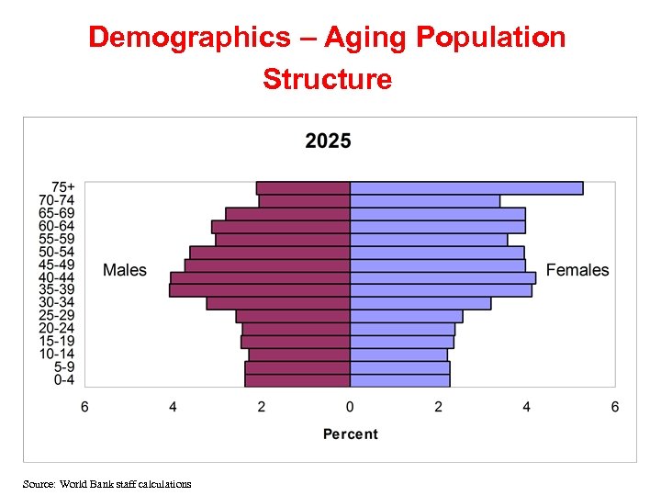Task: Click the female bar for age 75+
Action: [466, 188]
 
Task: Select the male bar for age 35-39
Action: [260, 290]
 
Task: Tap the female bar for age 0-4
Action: [399, 380]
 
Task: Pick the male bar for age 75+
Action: [303, 188]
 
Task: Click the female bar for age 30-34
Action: [420, 303]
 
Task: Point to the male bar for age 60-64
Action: [281, 227]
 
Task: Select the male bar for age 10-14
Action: [299, 355]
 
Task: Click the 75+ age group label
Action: [62, 187]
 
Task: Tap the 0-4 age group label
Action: [63, 380]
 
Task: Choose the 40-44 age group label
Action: [56, 277]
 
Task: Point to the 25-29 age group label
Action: [56, 316]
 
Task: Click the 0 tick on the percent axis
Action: [350, 407]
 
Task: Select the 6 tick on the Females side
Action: [615, 407]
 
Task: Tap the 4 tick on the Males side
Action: [173, 407]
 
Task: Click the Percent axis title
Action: [350, 434]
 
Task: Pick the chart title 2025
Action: [328, 141]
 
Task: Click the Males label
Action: [124, 270]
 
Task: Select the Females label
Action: [577, 270]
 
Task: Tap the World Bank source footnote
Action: [107, 483]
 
